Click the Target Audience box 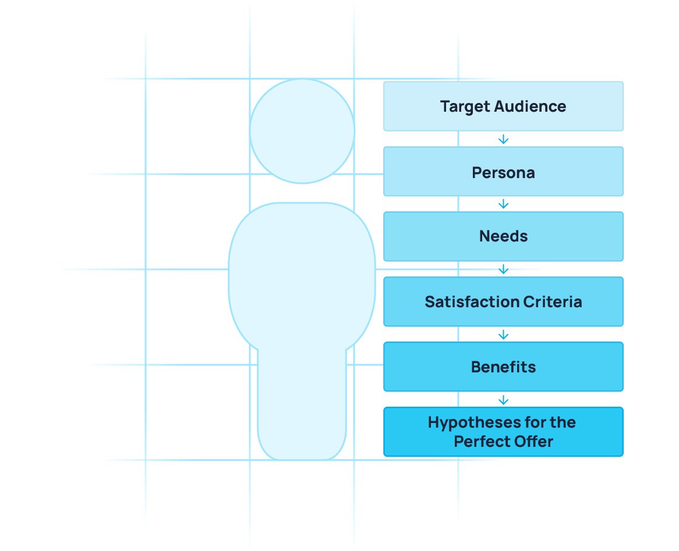tap(503, 106)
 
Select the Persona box tap(503, 172)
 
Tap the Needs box tap(503, 236)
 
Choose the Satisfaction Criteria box tap(503, 302)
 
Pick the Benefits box tap(503, 367)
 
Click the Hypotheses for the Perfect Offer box tap(503, 432)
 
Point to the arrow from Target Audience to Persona tap(503, 139)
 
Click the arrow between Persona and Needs tap(503, 204)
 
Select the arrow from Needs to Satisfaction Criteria tap(503, 269)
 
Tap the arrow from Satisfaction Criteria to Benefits tap(503, 335)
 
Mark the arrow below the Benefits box tap(503, 400)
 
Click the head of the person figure tap(302, 131)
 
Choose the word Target tap(465, 107)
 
